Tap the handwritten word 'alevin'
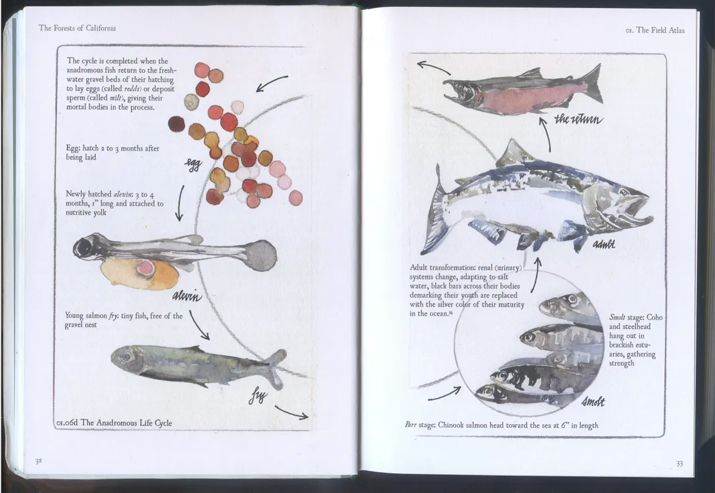(187, 297)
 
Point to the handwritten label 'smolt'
(594, 402)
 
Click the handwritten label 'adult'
(604, 244)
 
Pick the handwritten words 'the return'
(579, 119)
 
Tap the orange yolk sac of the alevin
(138, 273)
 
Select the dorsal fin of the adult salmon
(514, 153)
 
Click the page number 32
(38, 461)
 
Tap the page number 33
(679, 464)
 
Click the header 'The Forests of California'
(77, 28)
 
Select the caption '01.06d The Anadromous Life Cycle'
(114, 423)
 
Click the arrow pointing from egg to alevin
(180, 203)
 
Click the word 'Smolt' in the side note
(617, 317)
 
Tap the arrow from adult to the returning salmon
(547, 135)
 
